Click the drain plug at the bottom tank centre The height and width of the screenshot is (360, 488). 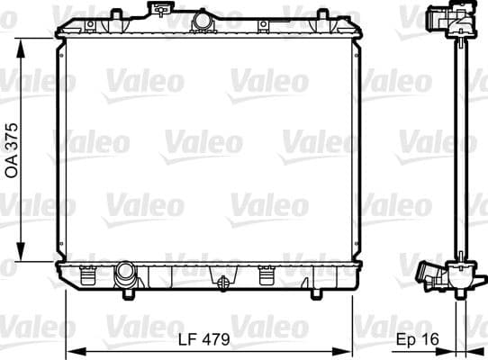(x=220, y=280)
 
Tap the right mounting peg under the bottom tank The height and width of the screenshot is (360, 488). (x=314, y=293)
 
